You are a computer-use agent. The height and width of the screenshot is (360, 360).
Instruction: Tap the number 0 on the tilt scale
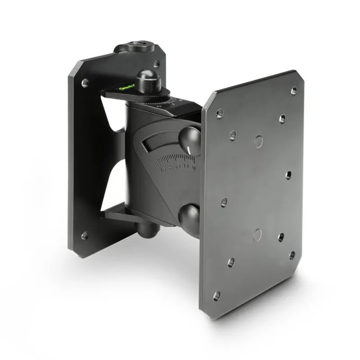193,167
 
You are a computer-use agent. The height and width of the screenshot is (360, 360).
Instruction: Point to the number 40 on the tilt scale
162,170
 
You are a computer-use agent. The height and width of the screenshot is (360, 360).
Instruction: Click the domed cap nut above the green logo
148,81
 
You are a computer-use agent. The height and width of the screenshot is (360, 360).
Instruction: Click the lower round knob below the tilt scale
189,215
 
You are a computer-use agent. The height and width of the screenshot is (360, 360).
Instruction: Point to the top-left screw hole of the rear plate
85,83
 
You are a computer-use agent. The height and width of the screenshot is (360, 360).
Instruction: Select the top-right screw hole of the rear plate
156,64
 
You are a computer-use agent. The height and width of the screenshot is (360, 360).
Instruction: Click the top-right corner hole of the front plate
294,90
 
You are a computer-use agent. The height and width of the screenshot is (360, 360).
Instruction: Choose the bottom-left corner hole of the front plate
216,296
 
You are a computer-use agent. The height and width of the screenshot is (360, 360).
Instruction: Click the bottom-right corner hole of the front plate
292,255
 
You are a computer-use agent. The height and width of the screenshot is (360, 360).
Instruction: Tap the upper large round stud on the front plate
258,142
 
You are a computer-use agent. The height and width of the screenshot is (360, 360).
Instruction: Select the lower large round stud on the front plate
257,234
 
